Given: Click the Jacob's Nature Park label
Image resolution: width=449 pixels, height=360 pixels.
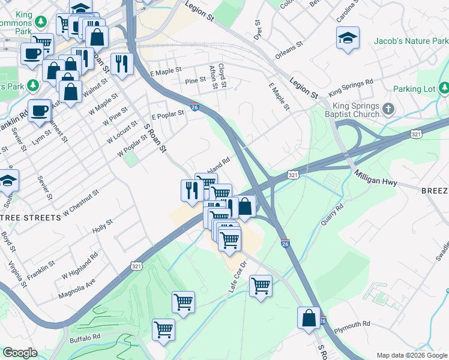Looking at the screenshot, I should pyautogui.click(x=411, y=41).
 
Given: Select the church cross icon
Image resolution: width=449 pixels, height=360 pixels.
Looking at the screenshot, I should pyautogui.click(x=388, y=109).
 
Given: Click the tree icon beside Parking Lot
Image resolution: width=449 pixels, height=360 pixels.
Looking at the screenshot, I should pyautogui.click(x=444, y=89).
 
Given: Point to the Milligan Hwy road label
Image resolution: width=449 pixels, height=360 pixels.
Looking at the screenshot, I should pyautogui.click(x=376, y=178).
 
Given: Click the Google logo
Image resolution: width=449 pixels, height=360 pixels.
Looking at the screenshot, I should pyautogui.click(x=20, y=353).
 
